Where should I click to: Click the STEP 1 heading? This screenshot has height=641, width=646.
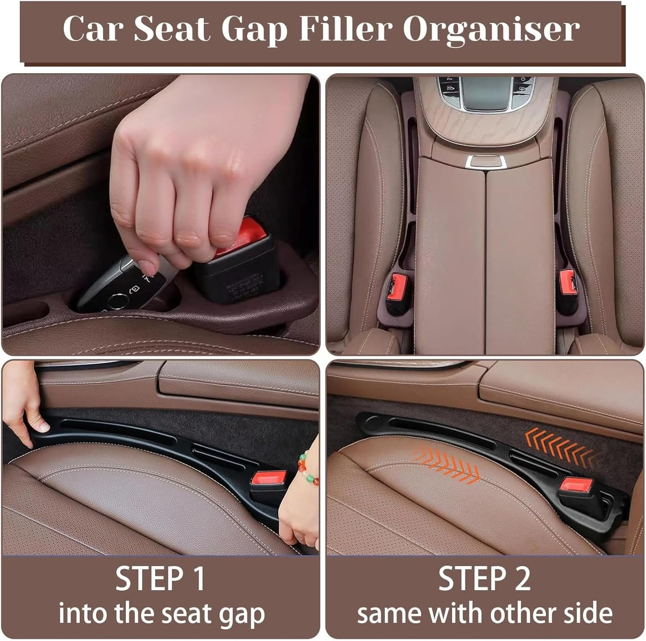[160, 579]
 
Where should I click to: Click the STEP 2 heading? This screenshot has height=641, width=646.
[484, 579]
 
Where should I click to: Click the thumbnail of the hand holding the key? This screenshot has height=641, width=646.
[161, 214]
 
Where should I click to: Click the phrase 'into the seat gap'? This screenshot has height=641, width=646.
[162, 614]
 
